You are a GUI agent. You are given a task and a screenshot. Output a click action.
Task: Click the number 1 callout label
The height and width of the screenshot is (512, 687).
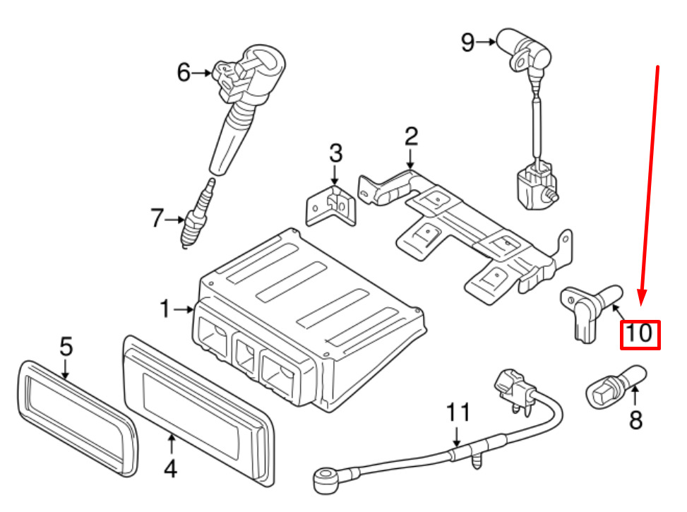(165, 309)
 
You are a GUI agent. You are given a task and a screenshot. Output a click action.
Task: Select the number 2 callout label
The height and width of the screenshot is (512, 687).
(411, 136)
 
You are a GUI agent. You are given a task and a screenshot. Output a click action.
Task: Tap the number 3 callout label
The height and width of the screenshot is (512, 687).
(335, 153)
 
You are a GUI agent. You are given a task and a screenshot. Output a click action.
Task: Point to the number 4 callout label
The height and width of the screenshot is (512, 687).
(170, 468)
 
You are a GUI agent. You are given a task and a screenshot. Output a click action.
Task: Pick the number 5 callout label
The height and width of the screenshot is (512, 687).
(65, 347)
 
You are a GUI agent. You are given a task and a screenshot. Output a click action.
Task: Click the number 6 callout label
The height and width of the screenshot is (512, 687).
(184, 72)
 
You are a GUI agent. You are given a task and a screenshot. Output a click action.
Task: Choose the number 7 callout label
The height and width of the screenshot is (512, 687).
(157, 220)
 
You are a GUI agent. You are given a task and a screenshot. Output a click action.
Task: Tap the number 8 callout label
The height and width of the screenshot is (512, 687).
(636, 421)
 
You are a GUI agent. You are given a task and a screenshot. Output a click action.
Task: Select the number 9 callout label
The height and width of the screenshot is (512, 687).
(468, 42)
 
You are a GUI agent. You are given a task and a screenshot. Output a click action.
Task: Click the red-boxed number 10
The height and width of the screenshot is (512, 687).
(639, 333)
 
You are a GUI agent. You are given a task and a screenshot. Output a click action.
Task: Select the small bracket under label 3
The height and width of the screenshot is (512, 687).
(330, 207)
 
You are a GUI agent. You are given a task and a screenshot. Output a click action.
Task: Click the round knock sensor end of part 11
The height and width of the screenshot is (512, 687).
(323, 478)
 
